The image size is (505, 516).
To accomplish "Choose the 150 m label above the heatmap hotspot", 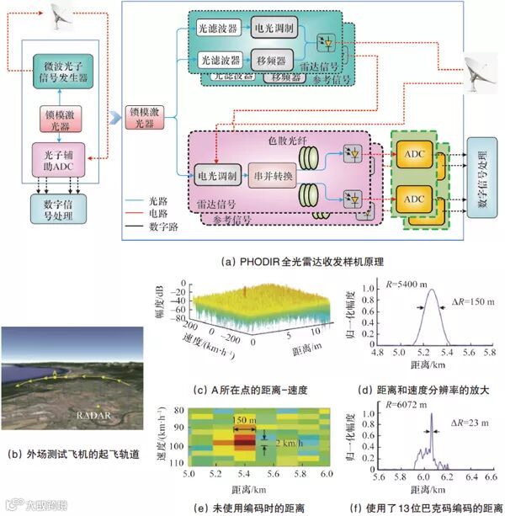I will tap(245, 420).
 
